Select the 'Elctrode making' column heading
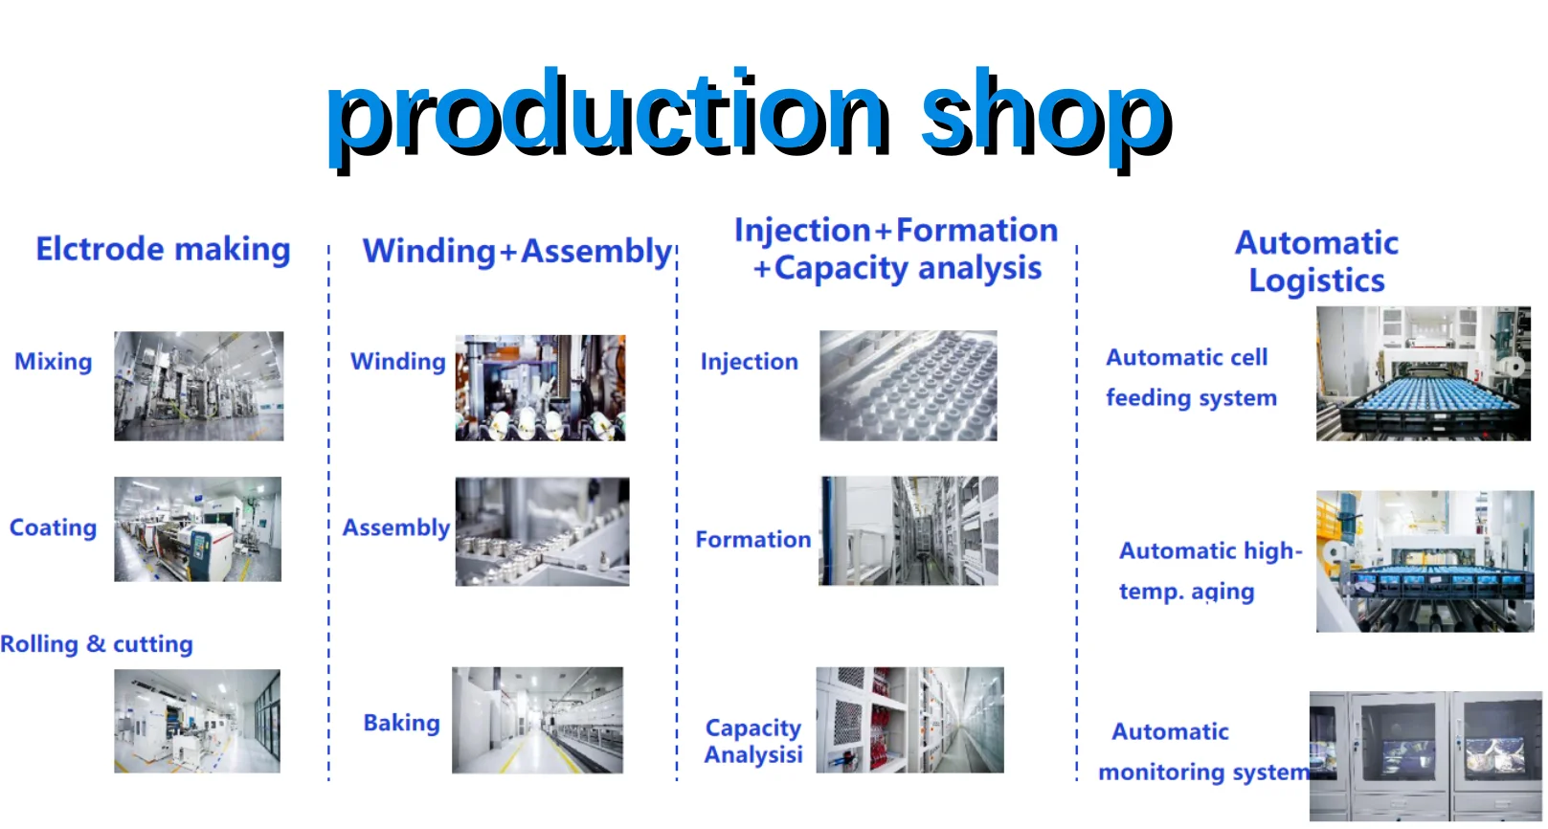tap(163, 249)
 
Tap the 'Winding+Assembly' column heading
tap(517, 252)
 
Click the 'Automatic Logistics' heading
tap(1316, 261)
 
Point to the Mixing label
tap(54, 362)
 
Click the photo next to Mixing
tap(198, 386)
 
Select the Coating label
tap(54, 527)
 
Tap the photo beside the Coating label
tap(197, 529)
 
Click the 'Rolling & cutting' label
tap(97, 644)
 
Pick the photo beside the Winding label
tap(540, 388)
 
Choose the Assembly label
tap(396, 527)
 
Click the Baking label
tap(401, 723)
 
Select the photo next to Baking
tap(537, 720)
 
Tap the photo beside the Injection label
tap(908, 386)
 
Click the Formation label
tap(753, 540)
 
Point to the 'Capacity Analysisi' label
tap(753, 742)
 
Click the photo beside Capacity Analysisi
tap(909, 720)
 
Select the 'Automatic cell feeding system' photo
tap(1423, 373)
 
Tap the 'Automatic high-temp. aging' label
tap(1210, 571)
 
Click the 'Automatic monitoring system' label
tap(1201, 752)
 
